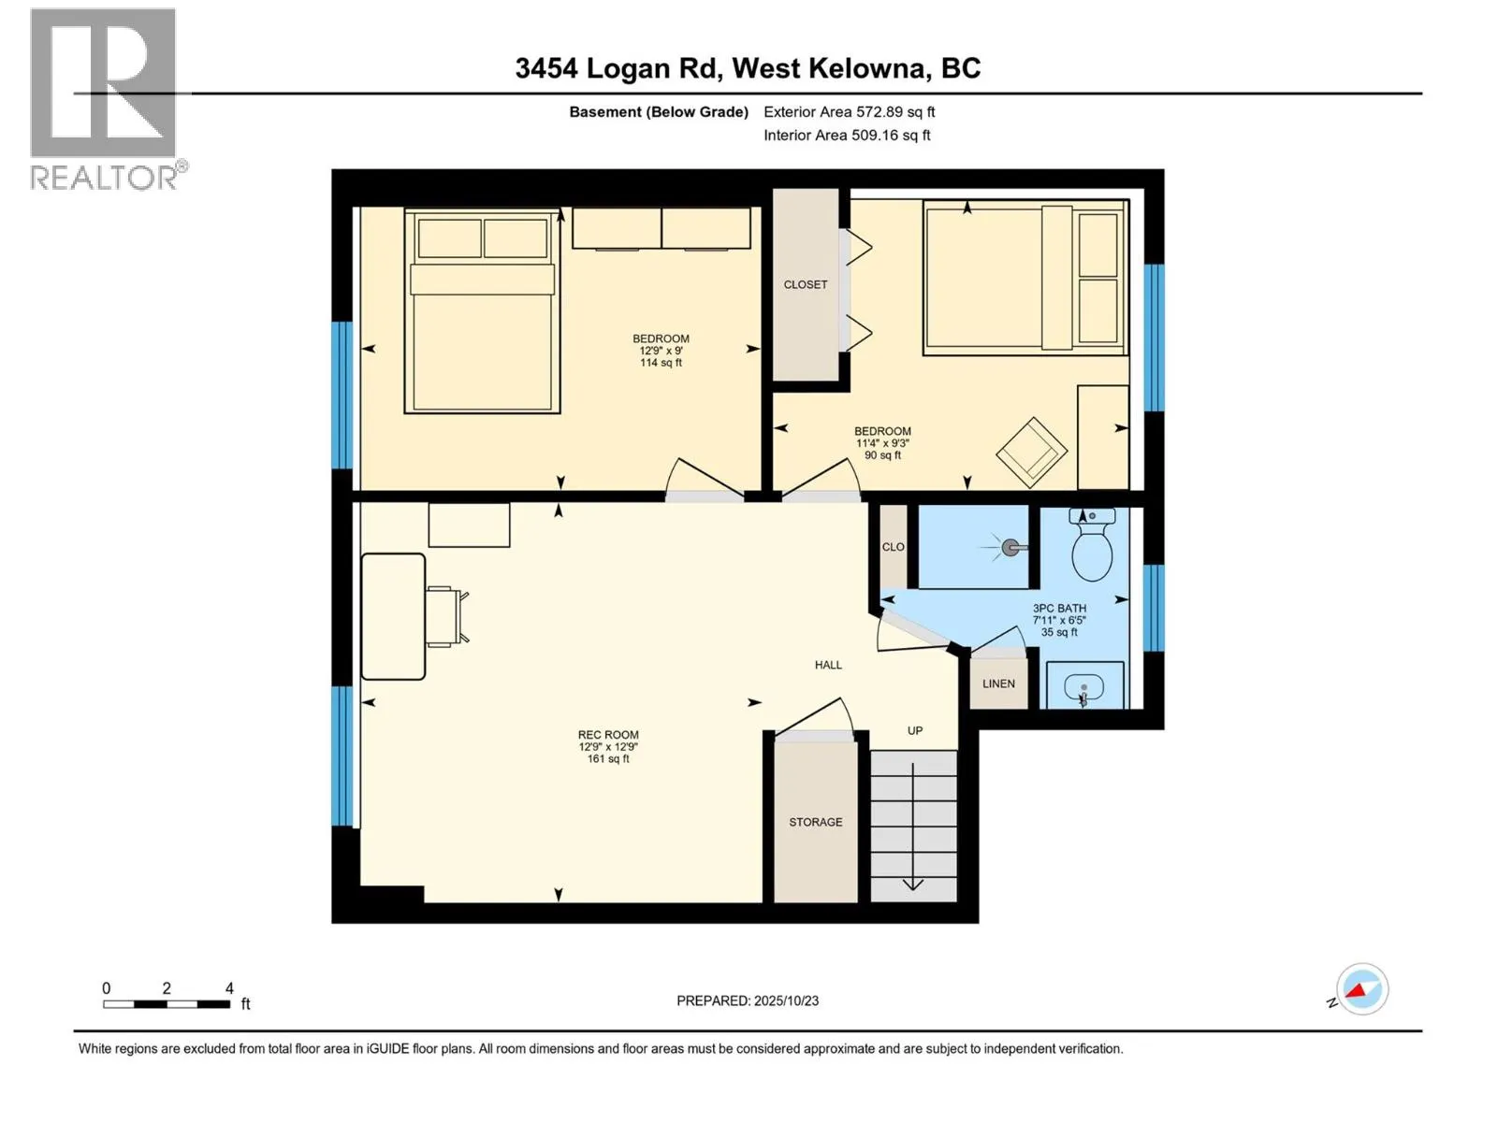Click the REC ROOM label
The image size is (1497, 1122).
pos(608,736)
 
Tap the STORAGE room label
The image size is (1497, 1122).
pos(815,823)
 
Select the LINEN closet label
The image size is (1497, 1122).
pos(998,684)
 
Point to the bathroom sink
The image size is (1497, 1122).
pos(1083,688)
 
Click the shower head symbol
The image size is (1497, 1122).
pos(1010,548)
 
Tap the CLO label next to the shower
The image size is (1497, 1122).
pos(893,547)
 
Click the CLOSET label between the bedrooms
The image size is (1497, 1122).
pos(806,285)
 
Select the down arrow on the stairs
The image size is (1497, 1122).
pos(913,883)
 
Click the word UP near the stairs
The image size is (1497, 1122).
pos(915,731)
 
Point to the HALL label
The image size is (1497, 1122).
pos(828,666)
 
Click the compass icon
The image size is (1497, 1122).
pos(1361,989)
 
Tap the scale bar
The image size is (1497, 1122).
pos(167,1004)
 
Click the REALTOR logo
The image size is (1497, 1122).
pos(104,98)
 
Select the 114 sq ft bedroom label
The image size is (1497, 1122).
pos(661,351)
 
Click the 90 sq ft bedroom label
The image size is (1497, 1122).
pos(882,443)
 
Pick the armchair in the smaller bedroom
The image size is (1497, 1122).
pos(1031,453)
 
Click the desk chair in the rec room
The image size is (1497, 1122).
pos(446,616)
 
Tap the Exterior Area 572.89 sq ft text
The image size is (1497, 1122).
pos(849,112)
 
